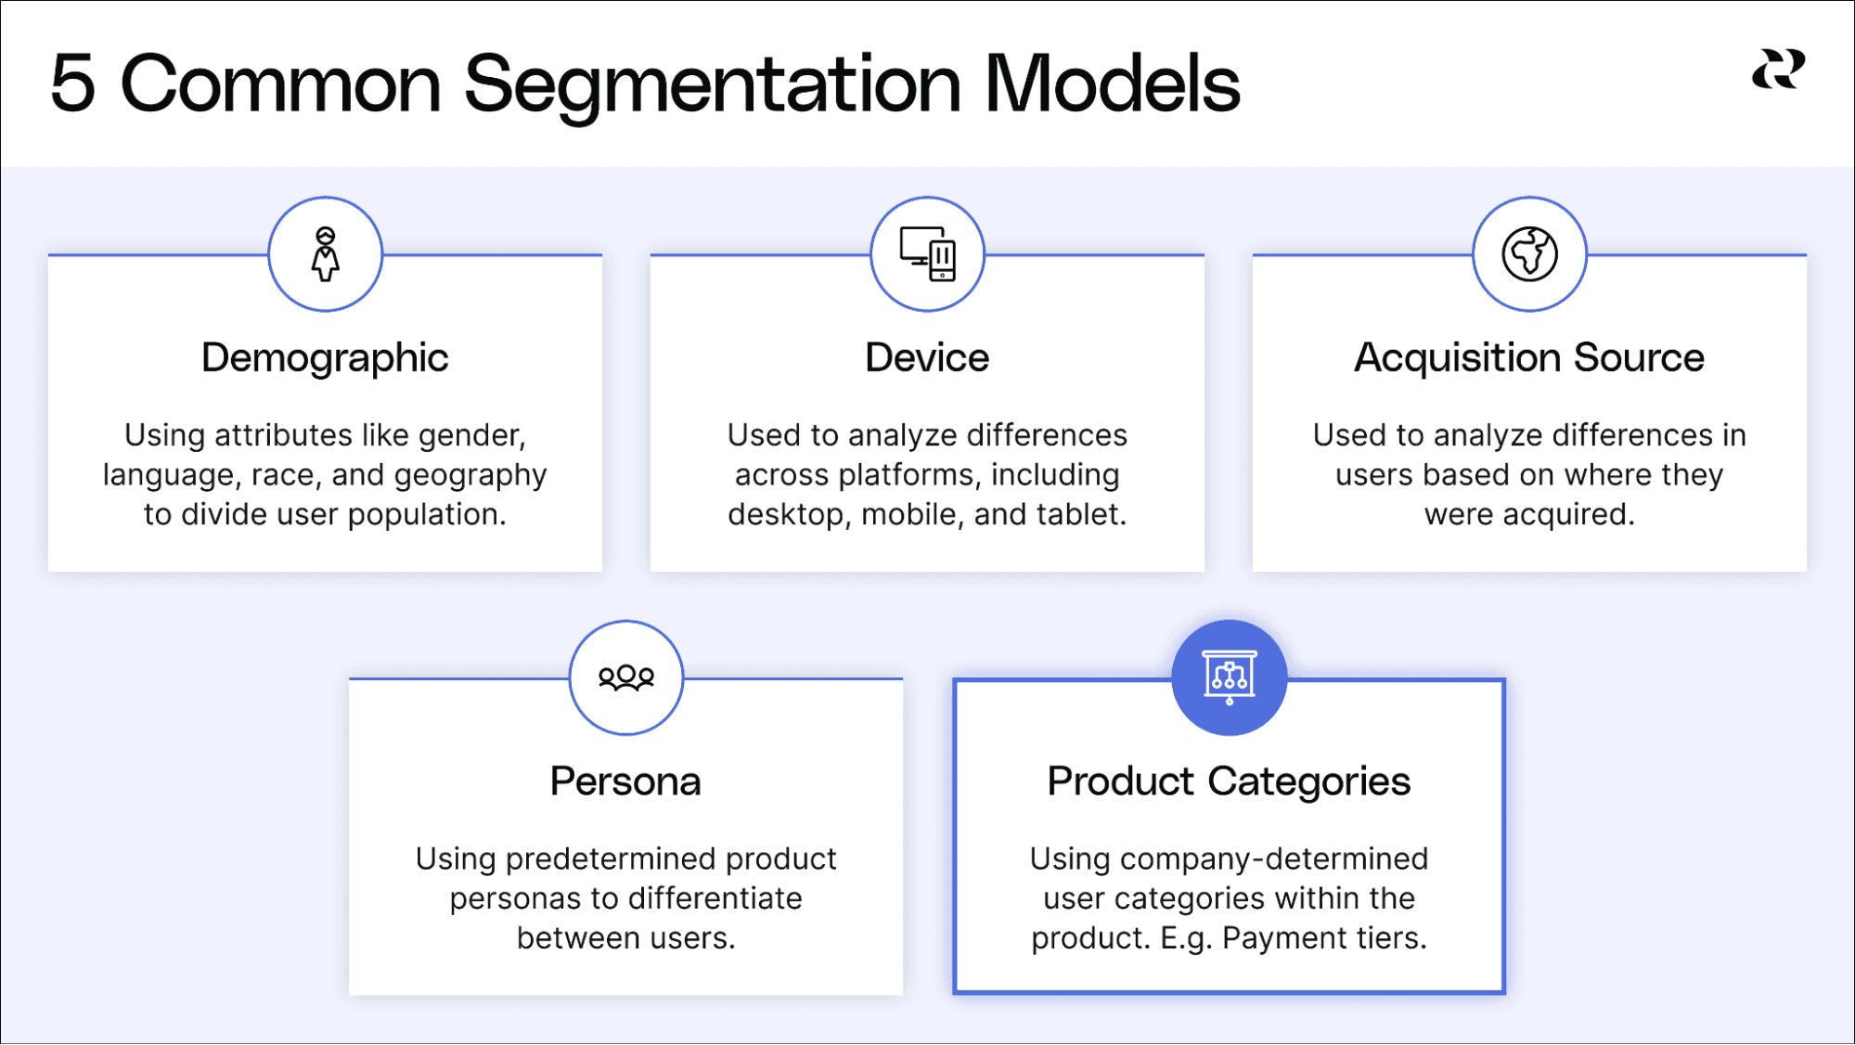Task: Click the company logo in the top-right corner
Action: click(1778, 70)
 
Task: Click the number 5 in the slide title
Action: click(73, 84)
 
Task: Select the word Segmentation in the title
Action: click(712, 85)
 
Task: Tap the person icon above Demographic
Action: click(325, 253)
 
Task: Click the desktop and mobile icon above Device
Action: click(927, 253)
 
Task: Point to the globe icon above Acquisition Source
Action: click(1529, 253)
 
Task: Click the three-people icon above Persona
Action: click(625, 677)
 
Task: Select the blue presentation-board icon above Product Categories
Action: click(1229, 677)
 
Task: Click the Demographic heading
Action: click(325, 357)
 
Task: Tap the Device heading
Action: click(927, 357)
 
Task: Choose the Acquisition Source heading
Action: click(1529, 357)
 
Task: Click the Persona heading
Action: click(625, 781)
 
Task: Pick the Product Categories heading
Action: click(1229, 781)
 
